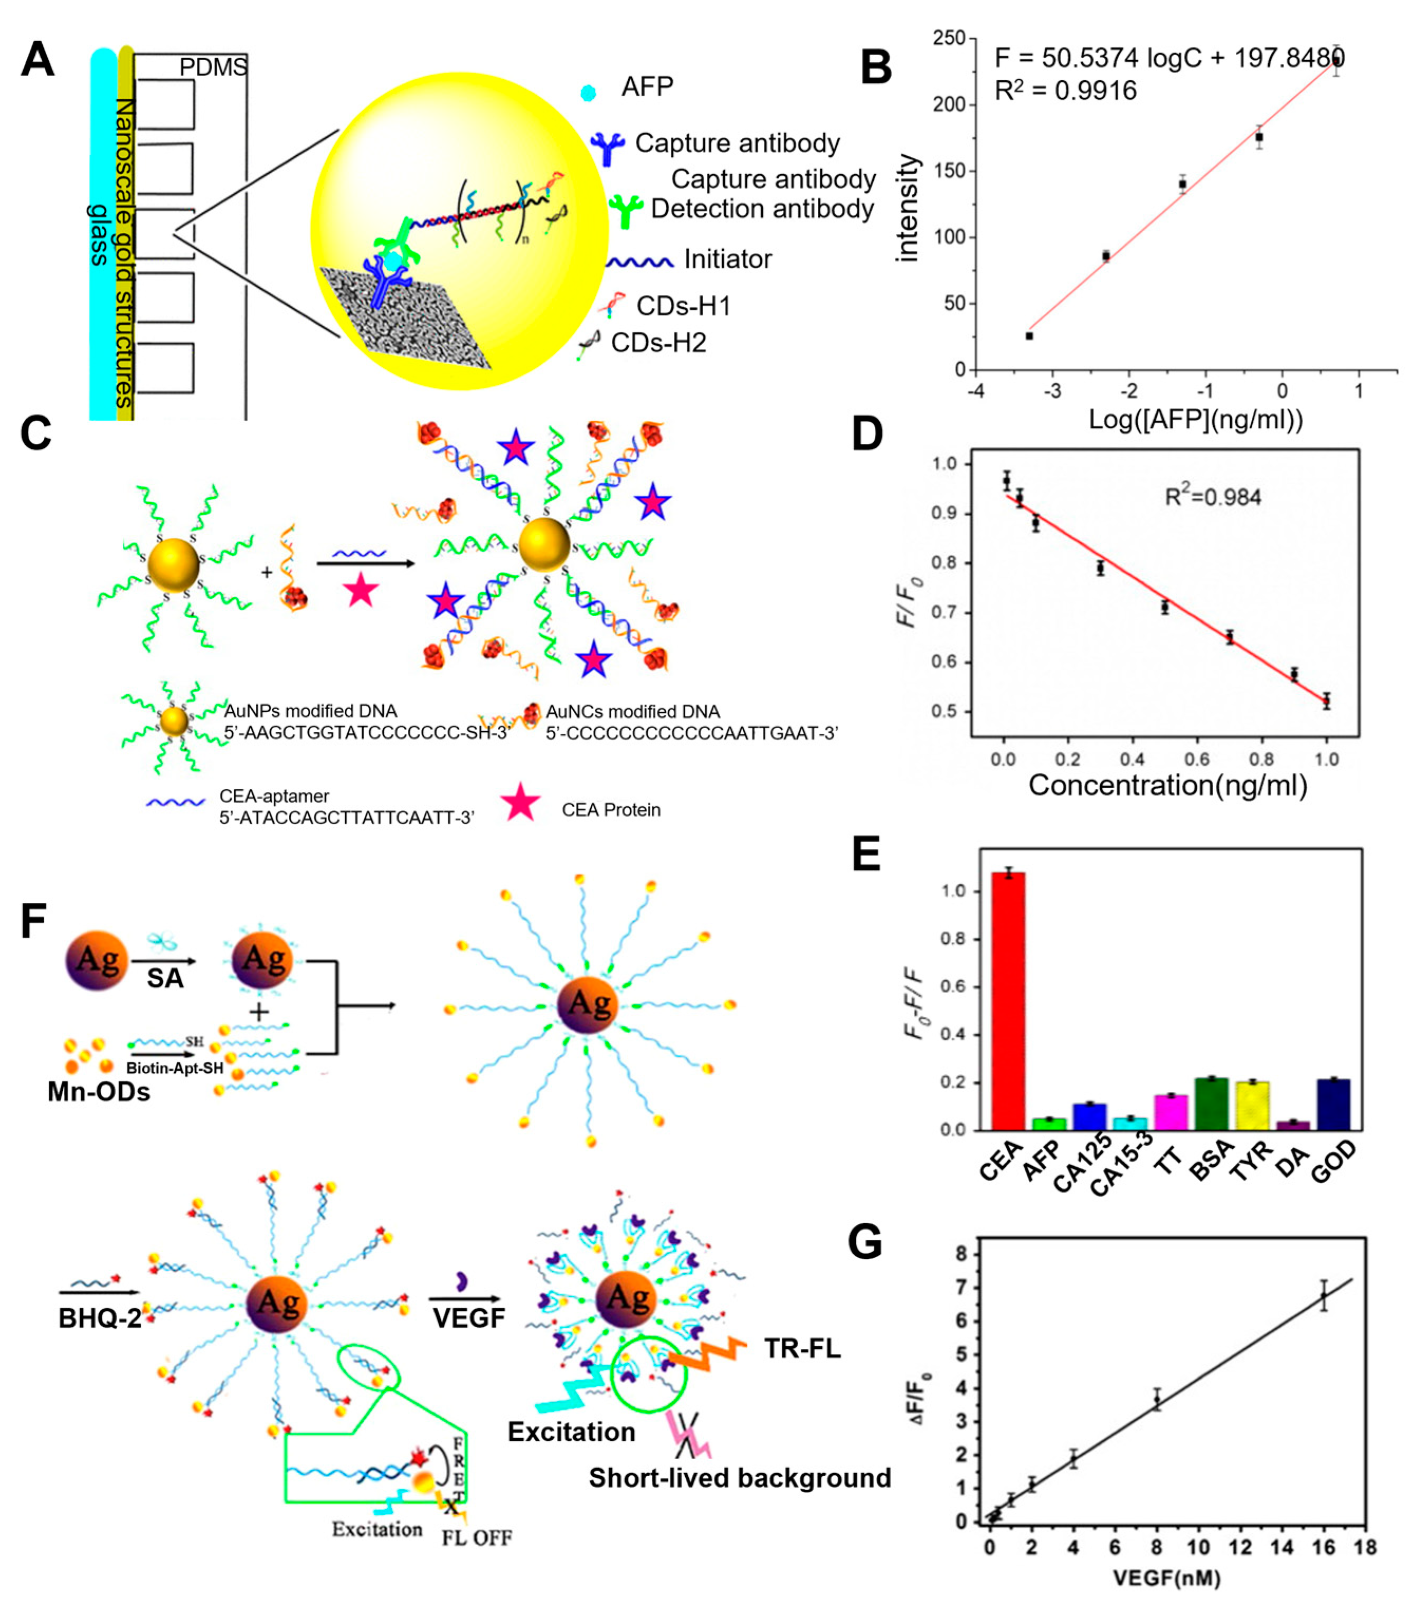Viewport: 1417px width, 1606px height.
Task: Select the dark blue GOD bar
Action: point(1333,1104)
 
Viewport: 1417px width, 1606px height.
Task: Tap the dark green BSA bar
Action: point(1211,1103)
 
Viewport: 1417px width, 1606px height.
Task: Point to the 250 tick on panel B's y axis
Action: point(949,37)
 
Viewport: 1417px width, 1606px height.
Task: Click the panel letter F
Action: point(33,921)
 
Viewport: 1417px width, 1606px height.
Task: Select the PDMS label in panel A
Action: point(213,68)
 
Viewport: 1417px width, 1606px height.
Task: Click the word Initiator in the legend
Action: point(727,259)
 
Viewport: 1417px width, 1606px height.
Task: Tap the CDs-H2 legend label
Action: point(658,343)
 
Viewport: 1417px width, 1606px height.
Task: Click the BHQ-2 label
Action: point(100,1318)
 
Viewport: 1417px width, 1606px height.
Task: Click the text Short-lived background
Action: point(739,1478)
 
